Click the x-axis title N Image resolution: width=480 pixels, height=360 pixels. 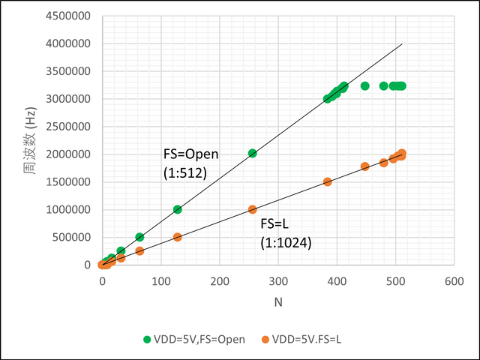277,301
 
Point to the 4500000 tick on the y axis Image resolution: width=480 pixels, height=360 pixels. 70,16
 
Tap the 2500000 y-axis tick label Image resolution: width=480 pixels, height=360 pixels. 70,127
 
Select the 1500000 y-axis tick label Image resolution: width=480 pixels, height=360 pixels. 70,182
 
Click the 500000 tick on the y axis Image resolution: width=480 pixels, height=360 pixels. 73,237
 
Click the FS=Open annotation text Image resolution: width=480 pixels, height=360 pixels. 190,154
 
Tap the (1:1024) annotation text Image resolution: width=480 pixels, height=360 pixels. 286,242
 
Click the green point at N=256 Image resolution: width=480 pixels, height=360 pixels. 253,153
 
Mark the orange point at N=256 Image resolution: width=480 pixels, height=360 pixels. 253,209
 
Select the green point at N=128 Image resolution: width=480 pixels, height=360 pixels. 178,209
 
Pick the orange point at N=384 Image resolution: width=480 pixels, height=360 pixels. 328,181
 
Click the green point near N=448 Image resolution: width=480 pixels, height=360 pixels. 365,86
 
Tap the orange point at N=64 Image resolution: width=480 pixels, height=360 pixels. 139,250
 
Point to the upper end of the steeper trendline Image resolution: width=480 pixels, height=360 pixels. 402,43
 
